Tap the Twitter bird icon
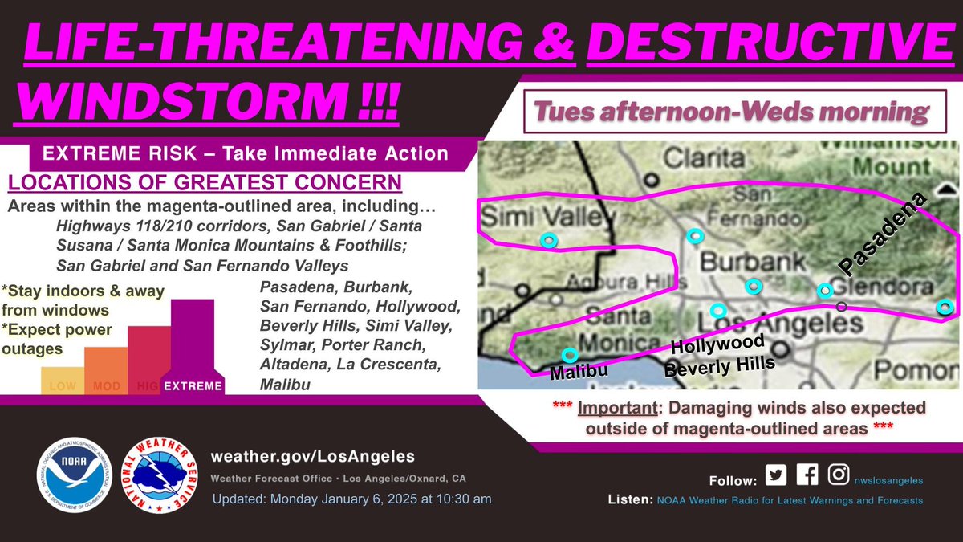tap(776, 475)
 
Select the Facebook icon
tap(807, 475)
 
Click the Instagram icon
tap(839, 475)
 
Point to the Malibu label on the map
tap(578, 372)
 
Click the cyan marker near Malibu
tap(569, 354)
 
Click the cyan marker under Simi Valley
tap(548, 239)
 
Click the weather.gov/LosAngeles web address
tap(312, 456)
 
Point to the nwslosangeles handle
tap(888, 480)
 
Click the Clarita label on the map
tap(693, 159)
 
